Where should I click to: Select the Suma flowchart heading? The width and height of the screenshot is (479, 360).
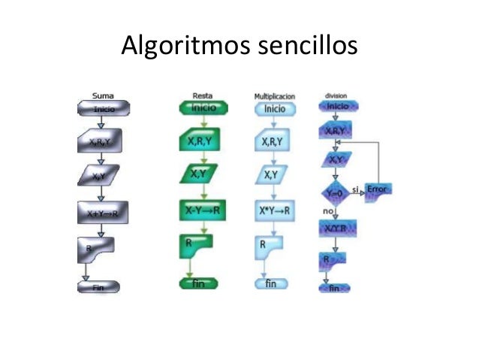tap(103, 95)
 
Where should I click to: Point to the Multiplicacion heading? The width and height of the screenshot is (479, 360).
tap(274, 96)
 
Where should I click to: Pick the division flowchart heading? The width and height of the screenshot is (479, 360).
tap(336, 95)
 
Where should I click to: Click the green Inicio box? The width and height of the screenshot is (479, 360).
tap(198, 107)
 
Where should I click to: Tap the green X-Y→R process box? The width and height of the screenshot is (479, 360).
tap(198, 210)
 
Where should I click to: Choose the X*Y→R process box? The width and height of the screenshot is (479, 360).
tap(274, 210)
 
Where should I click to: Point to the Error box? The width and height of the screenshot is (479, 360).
tap(377, 189)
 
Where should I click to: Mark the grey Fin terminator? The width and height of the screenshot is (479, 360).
tap(98, 286)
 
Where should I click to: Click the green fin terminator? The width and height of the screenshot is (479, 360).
tap(198, 283)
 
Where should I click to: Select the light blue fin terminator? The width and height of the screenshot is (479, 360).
tap(271, 283)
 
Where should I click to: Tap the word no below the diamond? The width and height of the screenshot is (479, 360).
tap(327, 211)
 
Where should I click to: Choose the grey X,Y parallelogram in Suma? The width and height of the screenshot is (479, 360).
tap(98, 177)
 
